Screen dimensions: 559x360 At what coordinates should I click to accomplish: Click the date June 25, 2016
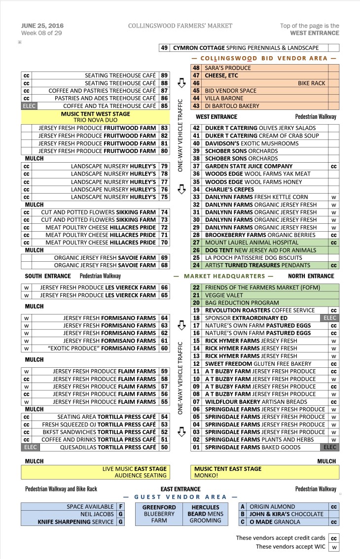click(42, 26)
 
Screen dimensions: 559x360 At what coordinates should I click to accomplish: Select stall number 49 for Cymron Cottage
click(164, 48)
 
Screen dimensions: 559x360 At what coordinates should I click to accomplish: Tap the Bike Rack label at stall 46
click(311, 83)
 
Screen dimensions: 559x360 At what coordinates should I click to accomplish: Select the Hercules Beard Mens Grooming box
click(205, 514)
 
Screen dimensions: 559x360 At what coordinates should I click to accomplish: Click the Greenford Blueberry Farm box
click(159, 514)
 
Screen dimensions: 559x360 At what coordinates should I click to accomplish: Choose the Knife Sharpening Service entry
click(75, 522)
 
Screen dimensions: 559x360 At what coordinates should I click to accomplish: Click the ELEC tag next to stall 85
click(29, 106)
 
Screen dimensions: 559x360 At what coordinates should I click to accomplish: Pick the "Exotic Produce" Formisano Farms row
click(102, 349)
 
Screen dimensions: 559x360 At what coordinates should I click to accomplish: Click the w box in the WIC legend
click(334, 547)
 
